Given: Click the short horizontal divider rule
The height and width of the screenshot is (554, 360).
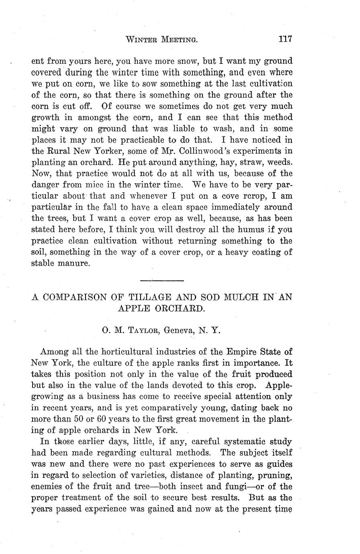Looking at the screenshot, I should (162, 280).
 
